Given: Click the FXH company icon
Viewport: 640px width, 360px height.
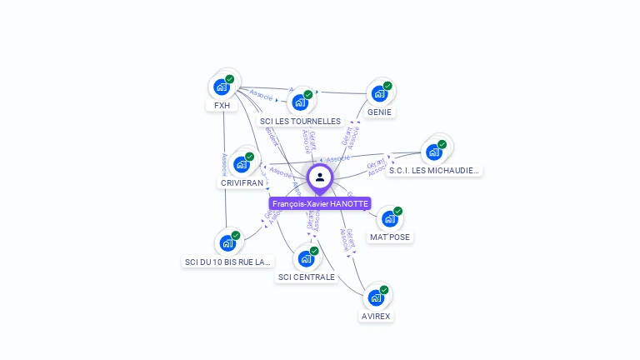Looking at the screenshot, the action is pyautogui.click(x=222, y=87).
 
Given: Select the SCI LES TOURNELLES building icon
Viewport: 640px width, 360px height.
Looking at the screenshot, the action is pyautogui.click(x=300, y=102).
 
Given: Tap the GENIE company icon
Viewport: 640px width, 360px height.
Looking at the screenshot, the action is pyautogui.click(x=379, y=93).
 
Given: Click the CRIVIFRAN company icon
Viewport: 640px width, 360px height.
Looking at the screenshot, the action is pyautogui.click(x=242, y=164).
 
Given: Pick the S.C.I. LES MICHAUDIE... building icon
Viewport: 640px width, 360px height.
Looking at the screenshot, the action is pyautogui.click(x=433, y=152).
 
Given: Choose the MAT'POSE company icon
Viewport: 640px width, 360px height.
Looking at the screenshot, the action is pyautogui.click(x=389, y=219).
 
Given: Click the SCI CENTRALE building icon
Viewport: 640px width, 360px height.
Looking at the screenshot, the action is pyautogui.click(x=306, y=258).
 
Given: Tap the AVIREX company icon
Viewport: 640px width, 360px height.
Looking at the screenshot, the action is pyautogui.click(x=376, y=297).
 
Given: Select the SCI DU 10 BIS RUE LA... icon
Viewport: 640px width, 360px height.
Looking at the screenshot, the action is pyautogui.click(x=227, y=243).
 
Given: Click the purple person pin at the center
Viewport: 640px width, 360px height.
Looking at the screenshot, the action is pyautogui.click(x=320, y=177).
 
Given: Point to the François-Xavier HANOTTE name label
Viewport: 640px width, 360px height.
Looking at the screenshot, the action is pyautogui.click(x=320, y=203).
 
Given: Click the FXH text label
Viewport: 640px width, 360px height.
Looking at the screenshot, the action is pyautogui.click(x=222, y=106).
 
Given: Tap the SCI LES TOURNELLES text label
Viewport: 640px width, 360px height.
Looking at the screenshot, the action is pyautogui.click(x=300, y=121).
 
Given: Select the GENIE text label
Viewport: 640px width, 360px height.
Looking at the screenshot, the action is pyautogui.click(x=379, y=112).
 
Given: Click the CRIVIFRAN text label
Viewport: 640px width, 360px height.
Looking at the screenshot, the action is pyautogui.click(x=242, y=182).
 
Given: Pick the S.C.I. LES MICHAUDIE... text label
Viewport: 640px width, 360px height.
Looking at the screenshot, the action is pyautogui.click(x=434, y=170).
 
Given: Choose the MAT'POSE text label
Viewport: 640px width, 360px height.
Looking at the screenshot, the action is pyautogui.click(x=390, y=237).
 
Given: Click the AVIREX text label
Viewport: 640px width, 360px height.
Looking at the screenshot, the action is pyautogui.click(x=376, y=316).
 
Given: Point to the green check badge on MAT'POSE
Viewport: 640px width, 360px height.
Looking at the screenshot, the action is pyautogui.click(x=397, y=211).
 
